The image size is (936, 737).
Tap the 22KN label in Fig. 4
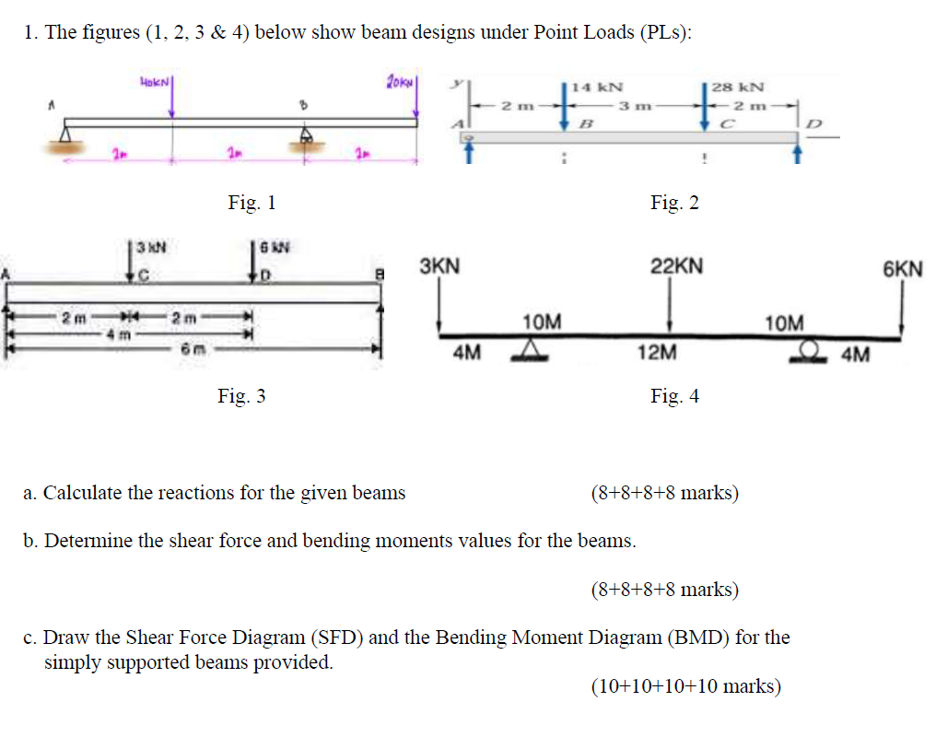coord(677,267)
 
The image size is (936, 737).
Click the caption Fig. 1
coord(252,203)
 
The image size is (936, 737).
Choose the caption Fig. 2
coord(674,203)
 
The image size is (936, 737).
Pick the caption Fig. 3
coord(241,396)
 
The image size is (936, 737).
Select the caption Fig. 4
coord(674,396)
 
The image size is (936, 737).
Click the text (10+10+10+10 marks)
coord(685,686)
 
